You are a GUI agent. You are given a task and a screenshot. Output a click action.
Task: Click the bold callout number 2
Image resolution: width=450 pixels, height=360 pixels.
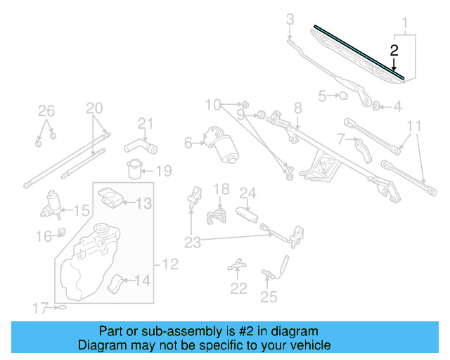pos(394,50)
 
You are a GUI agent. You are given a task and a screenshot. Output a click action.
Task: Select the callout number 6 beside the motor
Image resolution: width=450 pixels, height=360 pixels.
pos(188,143)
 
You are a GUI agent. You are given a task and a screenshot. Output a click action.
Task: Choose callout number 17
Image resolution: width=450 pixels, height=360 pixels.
pos(39,307)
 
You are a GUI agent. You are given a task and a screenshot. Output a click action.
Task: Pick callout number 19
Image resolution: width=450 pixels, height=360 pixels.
pos(163,171)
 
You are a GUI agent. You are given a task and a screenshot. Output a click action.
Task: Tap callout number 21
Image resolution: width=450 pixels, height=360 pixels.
pos(145,124)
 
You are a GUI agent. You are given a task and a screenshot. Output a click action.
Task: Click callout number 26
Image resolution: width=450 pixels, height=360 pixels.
pos(46,110)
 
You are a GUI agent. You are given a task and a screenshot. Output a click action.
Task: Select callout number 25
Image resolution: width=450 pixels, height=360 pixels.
pos(269,297)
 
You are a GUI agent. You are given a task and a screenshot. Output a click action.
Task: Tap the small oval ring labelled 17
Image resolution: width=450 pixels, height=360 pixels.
pos(62,307)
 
